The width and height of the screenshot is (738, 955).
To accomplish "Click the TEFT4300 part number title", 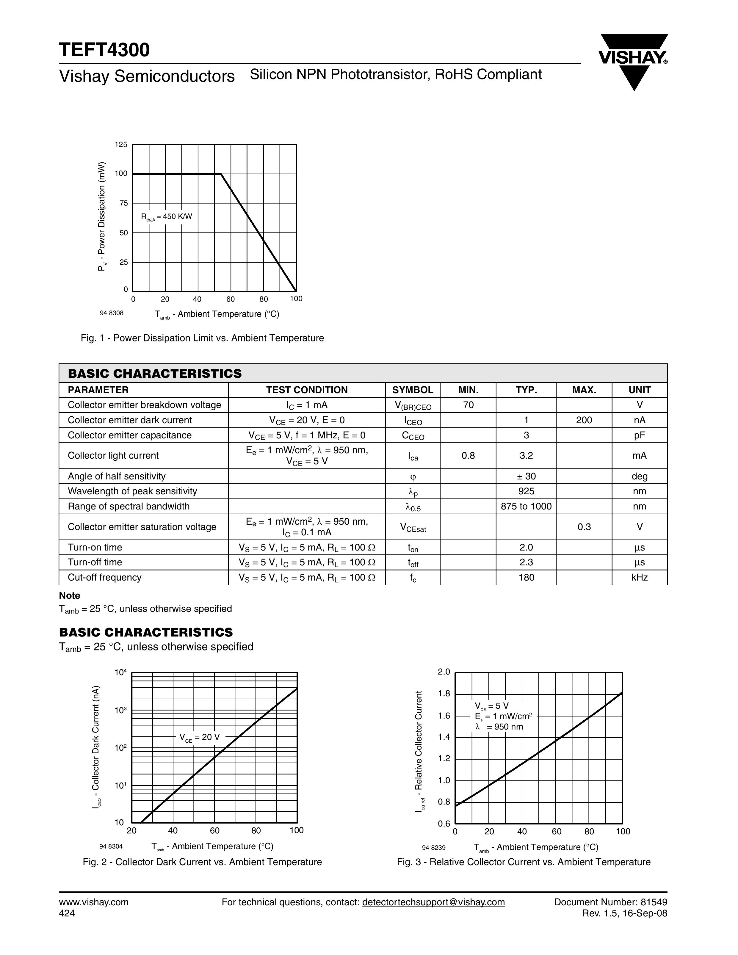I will [x=104, y=50].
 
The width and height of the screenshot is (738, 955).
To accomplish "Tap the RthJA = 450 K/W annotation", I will [x=166, y=217].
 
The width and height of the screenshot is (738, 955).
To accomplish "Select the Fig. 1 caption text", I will [x=202, y=338].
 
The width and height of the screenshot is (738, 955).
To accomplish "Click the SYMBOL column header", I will [x=413, y=390].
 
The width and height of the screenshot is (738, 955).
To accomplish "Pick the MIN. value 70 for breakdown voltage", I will [x=468, y=405].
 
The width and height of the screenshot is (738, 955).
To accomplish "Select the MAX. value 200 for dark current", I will [x=584, y=420].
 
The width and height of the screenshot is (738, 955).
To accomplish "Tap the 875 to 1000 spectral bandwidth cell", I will [x=526, y=506].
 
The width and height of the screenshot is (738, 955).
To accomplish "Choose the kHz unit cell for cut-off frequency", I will [x=639, y=577].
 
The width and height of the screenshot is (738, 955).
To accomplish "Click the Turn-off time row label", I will [x=95, y=562].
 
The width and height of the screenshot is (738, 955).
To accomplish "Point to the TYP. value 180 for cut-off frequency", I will [x=526, y=577].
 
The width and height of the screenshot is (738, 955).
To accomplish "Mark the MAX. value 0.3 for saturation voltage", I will [x=584, y=527].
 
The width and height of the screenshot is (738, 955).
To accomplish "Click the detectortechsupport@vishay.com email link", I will [x=433, y=902].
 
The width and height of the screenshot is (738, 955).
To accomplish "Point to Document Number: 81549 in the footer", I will [x=610, y=902].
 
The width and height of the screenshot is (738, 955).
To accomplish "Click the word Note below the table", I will [x=70, y=595].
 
